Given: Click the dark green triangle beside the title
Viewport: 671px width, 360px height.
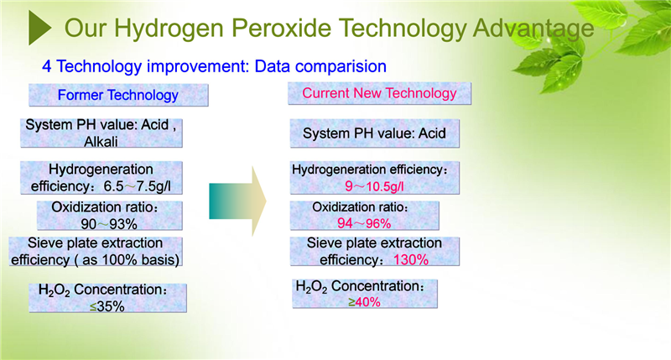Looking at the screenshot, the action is click(39, 28).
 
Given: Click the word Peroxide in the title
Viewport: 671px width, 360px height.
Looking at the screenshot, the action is click(282, 29).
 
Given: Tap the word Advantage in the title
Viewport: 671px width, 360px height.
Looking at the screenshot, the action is click(533, 29).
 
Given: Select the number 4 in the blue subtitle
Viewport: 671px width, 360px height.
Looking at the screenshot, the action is click(47, 67).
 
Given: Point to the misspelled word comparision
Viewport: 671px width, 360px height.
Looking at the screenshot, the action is click(341, 67).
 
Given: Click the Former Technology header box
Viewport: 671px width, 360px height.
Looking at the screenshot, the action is click(118, 95).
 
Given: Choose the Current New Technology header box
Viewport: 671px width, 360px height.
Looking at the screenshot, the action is click(379, 93).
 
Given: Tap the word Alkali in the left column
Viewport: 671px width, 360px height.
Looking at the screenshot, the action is click(101, 142).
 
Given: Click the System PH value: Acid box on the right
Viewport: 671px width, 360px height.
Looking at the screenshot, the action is click(374, 133).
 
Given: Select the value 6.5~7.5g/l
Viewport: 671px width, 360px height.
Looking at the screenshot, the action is click(137, 186).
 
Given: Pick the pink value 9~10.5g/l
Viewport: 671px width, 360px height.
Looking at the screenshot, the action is click(374, 186).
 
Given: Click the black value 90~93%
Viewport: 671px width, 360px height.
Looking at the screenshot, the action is click(109, 224).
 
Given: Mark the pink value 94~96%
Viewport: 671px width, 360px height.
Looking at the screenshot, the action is click(364, 223).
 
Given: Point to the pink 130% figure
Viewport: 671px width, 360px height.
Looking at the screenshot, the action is click(411, 259).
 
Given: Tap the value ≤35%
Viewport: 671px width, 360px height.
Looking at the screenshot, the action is click(107, 306).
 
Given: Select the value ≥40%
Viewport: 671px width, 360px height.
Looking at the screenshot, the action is click(364, 302).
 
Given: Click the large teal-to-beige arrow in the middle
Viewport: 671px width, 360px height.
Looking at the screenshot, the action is click(238, 201).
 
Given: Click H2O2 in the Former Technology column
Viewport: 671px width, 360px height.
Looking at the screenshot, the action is click(54, 290).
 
